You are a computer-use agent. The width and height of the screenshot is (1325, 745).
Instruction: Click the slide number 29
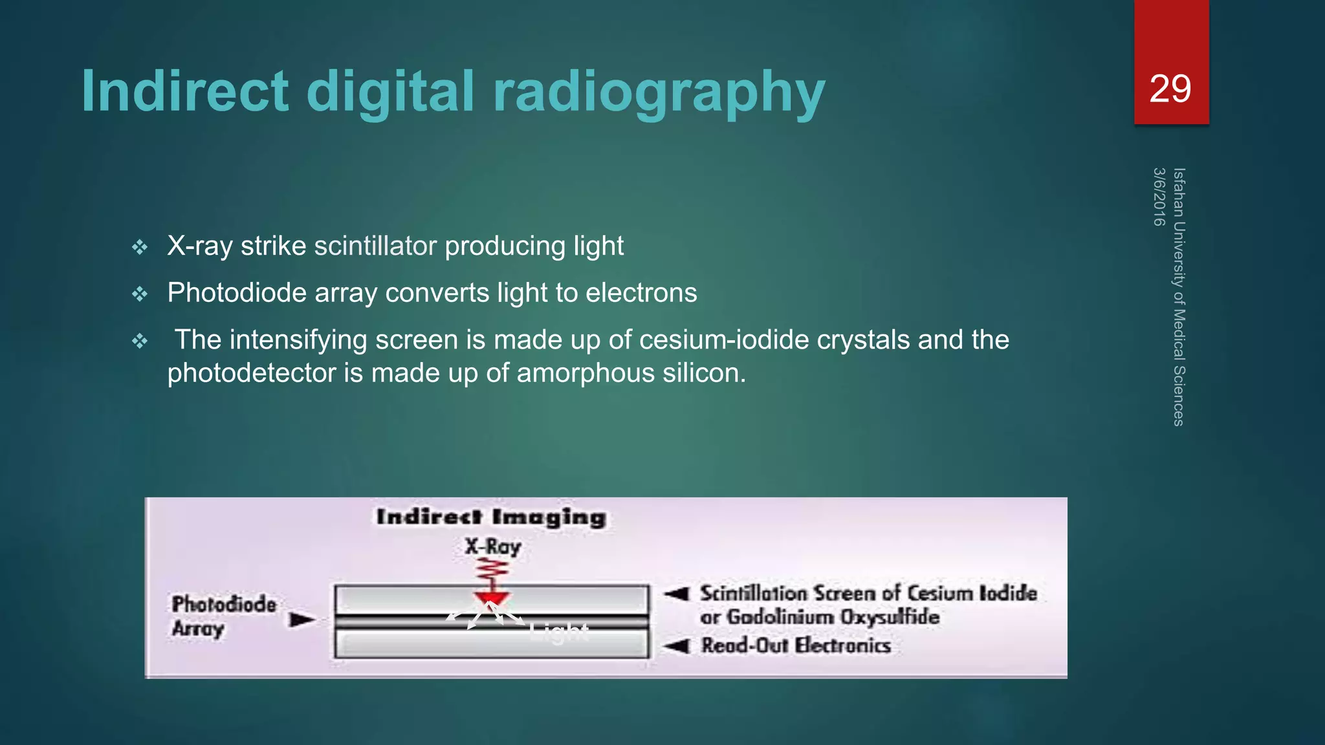coord(1170,89)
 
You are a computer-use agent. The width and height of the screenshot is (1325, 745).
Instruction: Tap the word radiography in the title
coord(659,92)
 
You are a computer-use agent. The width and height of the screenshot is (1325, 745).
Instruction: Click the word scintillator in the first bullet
coord(375,246)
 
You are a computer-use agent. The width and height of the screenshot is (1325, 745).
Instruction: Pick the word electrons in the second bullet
coord(641,293)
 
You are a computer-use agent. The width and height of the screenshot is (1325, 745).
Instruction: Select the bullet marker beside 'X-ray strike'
coord(140,247)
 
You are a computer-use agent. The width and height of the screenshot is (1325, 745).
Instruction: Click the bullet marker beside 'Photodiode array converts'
coord(140,294)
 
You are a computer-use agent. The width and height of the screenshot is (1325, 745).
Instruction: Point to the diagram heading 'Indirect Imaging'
coord(491,517)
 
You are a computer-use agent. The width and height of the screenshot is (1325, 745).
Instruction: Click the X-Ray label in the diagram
coord(493,546)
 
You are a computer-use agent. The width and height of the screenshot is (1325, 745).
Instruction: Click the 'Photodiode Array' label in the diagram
coord(223,616)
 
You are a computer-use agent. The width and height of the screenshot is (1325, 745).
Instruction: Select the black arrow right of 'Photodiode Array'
coord(302,620)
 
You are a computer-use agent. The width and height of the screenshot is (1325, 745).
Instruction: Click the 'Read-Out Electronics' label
coord(796,645)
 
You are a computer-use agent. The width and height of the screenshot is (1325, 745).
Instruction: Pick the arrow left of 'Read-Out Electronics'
coord(677,645)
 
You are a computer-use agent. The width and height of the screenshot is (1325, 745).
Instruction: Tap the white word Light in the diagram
coord(559,632)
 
